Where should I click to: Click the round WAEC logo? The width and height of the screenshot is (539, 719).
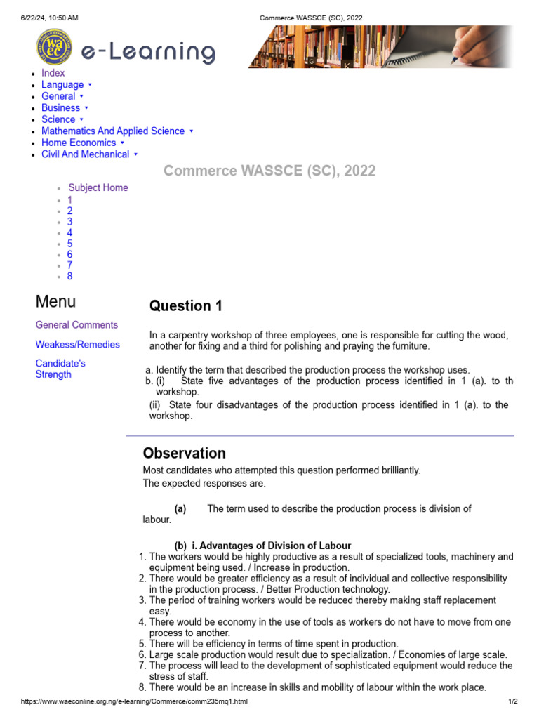(53, 47)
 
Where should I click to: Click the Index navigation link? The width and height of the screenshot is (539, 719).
(53, 73)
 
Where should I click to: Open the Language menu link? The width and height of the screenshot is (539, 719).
(62, 85)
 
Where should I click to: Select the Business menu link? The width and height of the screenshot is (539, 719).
(60, 108)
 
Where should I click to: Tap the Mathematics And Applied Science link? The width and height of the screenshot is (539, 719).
(113, 131)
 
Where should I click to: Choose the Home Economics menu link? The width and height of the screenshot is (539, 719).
(79, 143)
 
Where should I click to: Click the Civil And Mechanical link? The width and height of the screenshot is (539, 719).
(85, 154)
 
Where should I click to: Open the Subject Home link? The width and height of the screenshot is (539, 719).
(98, 187)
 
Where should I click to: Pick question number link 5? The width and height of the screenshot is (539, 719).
(69, 244)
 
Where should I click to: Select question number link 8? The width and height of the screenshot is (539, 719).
(69, 276)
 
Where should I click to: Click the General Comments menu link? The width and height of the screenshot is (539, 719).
(76, 325)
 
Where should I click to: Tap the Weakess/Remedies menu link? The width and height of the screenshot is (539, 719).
(77, 345)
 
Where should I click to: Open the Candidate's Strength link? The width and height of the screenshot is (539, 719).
(60, 369)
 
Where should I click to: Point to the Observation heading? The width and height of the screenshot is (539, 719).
(185, 453)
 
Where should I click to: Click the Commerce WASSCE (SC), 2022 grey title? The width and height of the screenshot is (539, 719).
(269, 171)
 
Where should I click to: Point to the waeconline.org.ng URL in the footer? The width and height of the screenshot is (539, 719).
(134, 701)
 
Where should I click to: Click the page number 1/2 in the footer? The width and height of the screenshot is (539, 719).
(512, 701)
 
